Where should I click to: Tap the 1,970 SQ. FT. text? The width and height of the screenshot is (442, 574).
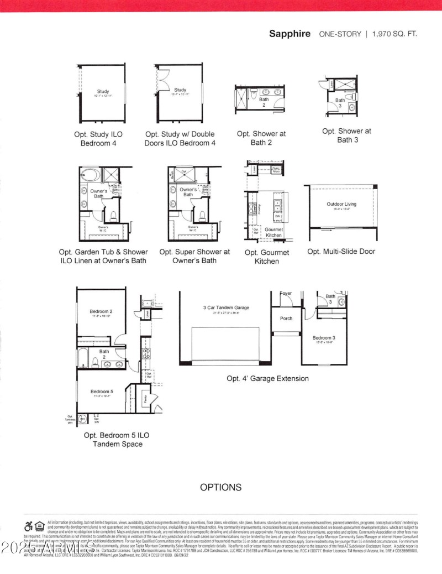(x=394, y=34)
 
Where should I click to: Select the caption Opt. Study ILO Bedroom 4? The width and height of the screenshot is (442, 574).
(x=98, y=138)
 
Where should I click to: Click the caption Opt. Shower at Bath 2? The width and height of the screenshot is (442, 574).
(x=261, y=138)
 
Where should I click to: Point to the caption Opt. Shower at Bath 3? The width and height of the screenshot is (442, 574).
(x=346, y=135)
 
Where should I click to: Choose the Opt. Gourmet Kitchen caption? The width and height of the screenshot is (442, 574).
(x=267, y=257)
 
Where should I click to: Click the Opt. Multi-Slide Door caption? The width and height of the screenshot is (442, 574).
(x=341, y=251)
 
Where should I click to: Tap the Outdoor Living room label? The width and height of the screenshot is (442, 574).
(x=341, y=204)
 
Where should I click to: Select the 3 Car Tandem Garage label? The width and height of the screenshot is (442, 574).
(x=226, y=307)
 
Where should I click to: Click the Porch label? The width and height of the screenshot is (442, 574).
(x=286, y=319)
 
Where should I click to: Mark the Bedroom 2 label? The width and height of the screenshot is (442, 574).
(x=101, y=311)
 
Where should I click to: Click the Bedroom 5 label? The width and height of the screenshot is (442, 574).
(x=101, y=392)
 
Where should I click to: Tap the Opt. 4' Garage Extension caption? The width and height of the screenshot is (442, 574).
(x=267, y=379)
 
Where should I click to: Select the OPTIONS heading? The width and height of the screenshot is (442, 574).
(x=220, y=487)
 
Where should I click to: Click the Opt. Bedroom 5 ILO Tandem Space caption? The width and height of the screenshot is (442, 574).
(x=117, y=440)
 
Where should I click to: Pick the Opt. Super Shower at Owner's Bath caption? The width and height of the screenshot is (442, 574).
(x=194, y=255)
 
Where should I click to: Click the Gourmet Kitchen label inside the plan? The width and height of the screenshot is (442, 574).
(x=273, y=232)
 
